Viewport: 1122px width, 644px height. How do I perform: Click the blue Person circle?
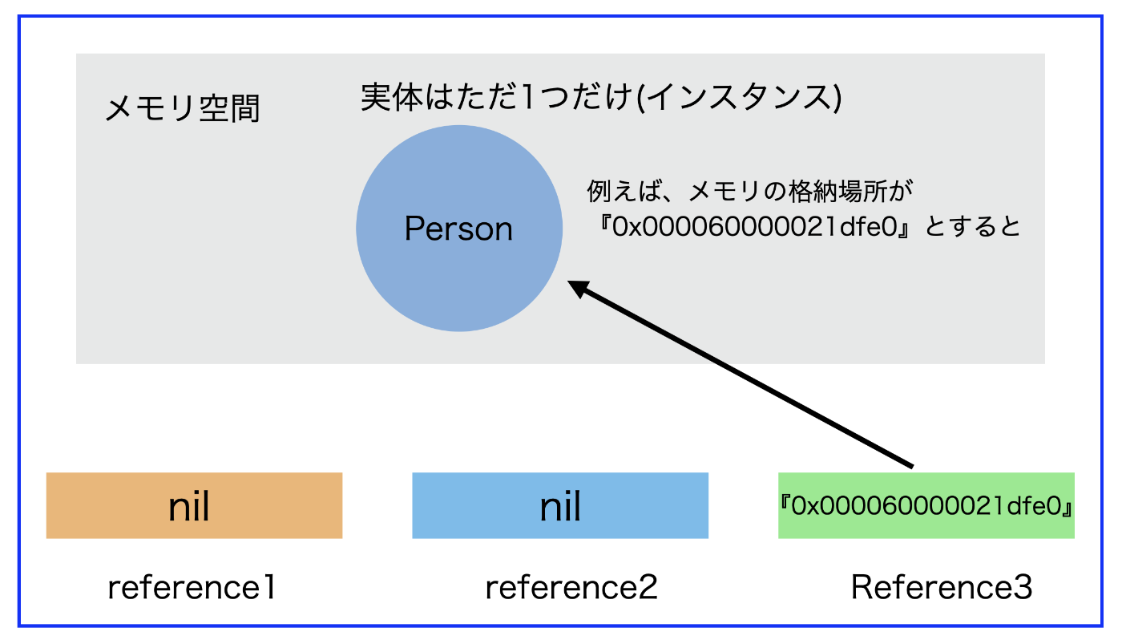tap(458, 228)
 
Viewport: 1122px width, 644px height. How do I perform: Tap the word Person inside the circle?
tap(458, 229)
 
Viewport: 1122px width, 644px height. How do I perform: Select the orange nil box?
tap(194, 505)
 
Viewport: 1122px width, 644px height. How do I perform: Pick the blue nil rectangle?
tap(560, 505)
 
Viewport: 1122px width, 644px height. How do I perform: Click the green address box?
tap(926, 505)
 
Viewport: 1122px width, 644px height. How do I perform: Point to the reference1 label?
tap(192, 587)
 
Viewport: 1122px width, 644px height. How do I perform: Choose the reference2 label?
tap(571, 587)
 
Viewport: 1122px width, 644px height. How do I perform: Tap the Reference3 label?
tap(942, 587)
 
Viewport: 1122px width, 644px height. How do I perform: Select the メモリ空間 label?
tap(183, 108)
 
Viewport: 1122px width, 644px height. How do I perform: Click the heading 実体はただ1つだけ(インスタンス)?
tap(601, 97)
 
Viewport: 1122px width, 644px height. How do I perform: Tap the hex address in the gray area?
tap(754, 226)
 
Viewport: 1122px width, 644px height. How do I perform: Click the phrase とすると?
tap(971, 226)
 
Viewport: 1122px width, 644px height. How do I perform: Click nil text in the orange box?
tap(189, 506)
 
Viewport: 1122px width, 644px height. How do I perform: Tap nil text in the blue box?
tap(560, 506)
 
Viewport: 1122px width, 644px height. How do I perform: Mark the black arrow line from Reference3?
tap(740, 374)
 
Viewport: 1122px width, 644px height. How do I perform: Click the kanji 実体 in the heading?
tap(392, 97)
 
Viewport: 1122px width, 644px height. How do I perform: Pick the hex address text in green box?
tap(926, 505)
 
